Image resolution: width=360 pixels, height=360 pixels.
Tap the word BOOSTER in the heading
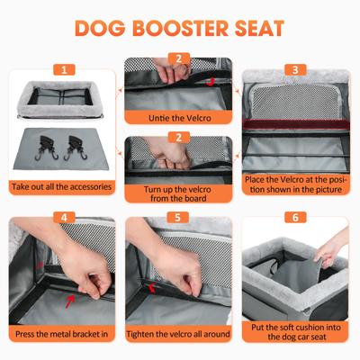click(191, 27)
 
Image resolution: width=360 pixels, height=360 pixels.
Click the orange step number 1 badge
click(62, 69)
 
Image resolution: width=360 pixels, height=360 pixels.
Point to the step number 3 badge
click(295, 69)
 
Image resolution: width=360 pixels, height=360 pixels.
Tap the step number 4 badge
click(62, 217)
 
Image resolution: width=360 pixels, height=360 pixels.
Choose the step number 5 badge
click(179, 217)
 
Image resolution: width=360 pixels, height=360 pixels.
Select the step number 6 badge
click(295, 217)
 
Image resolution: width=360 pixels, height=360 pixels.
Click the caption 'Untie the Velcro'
click(179, 117)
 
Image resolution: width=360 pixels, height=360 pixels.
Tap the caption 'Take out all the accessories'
click(62, 187)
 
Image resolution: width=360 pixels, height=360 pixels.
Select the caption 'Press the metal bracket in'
click(62, 334)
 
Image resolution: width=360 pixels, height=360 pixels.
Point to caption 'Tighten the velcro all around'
click(179, 334)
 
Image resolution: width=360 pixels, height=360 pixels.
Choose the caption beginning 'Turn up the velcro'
click(179, 195)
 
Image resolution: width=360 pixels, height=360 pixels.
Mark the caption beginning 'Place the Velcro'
click(295, 184)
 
